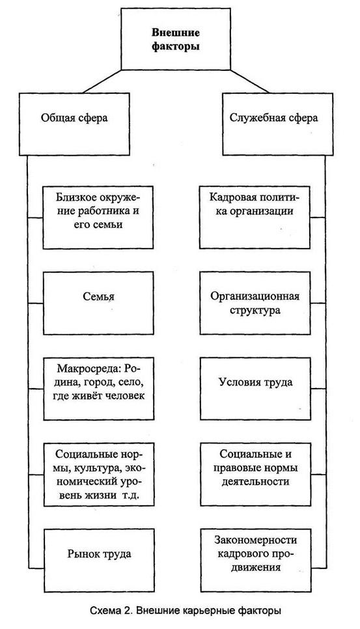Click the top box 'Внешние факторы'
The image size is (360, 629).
(175, 40)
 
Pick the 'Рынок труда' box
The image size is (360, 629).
(99, 554)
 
